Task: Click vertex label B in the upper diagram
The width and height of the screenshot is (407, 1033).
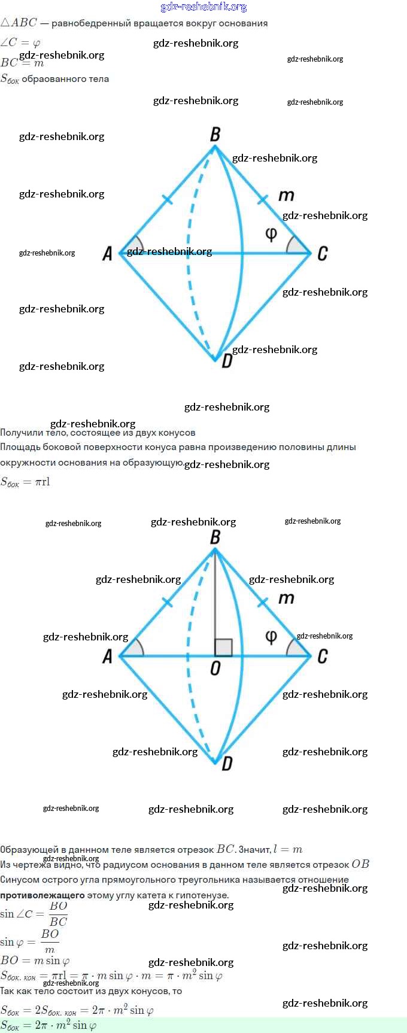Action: click(x=215, y=135)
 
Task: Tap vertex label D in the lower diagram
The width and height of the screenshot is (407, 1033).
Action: click(x=227, y=764)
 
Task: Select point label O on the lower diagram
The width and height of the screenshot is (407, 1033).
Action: click(x=215, y=669)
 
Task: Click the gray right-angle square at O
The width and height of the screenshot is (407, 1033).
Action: click(x=223, y=648)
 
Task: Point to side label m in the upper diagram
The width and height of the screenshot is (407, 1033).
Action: click(x=286, y=196)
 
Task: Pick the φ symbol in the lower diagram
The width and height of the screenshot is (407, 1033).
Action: click(x=271, y=636)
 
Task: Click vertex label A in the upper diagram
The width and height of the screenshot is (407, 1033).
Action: click(x=108, y=254)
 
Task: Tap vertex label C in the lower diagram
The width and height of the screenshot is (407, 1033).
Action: click(x=323, y=657)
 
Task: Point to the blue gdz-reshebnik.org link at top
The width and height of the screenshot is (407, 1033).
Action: click(x=203, y=7)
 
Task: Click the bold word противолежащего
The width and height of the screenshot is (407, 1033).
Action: click(x=42, y=895)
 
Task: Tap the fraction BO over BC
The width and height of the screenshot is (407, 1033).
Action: click(x=58, y=914)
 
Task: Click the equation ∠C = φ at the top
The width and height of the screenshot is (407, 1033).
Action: click(x=20, y=42)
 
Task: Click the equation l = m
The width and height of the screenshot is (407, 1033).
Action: click(x=288, y=849)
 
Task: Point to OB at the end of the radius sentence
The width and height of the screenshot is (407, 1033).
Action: click(x=360, y=864)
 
